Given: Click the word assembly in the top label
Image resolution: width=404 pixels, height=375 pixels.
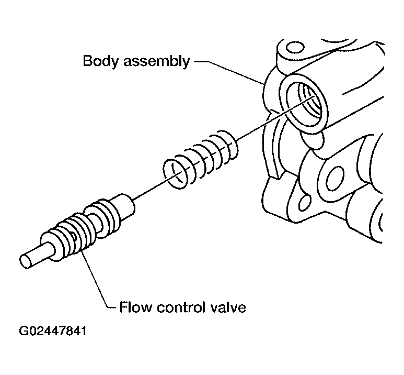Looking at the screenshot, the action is point(157,62).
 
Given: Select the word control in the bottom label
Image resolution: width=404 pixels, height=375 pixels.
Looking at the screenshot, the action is point(182,307).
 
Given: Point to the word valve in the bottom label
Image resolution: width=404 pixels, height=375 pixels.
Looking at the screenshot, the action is point(229,307).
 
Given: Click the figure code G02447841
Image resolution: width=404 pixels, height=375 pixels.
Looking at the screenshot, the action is point(53,331).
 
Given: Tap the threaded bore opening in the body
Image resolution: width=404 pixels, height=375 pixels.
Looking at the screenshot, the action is point(304,103).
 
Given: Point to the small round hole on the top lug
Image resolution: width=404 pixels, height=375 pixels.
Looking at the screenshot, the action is point(295,48).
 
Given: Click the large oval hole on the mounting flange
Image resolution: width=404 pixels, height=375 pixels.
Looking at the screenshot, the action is point(335,178).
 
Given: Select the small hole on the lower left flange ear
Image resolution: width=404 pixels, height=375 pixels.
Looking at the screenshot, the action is point(305,203).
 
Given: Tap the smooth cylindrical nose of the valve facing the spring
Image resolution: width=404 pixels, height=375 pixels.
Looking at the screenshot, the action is point(123,206).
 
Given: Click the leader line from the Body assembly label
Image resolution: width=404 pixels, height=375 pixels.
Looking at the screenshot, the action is point(230,73).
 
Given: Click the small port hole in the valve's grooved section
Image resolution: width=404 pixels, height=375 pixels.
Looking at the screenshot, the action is point(74,236).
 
